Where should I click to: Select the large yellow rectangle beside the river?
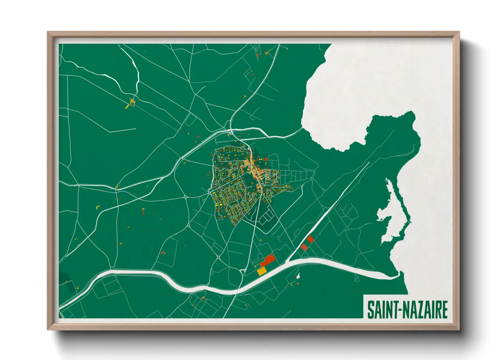(262, 271)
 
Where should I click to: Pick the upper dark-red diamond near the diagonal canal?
(310, 239)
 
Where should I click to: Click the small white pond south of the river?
(298, 276)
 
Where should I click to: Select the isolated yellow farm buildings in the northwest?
(131, 102)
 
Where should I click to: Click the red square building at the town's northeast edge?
(266, 159)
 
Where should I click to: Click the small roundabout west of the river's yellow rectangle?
(243, 271)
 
